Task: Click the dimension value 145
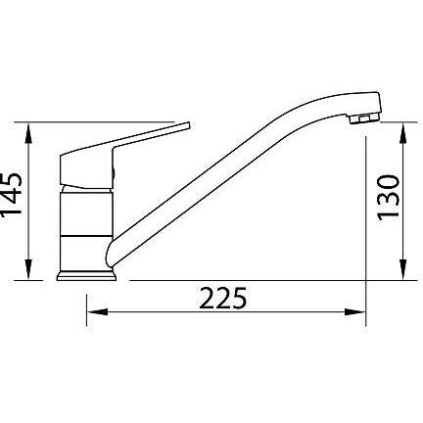coord(11,194)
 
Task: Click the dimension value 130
coord(389,198)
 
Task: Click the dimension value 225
coord(223,299)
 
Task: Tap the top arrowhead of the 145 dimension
coord(29,132)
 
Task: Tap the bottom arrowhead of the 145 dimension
coord(29,269)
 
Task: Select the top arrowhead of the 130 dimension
coord(403,132)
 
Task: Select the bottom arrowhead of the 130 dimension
coord(403,269)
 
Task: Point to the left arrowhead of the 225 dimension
coord(97,312)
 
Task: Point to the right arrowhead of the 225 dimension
coord(355,312)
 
